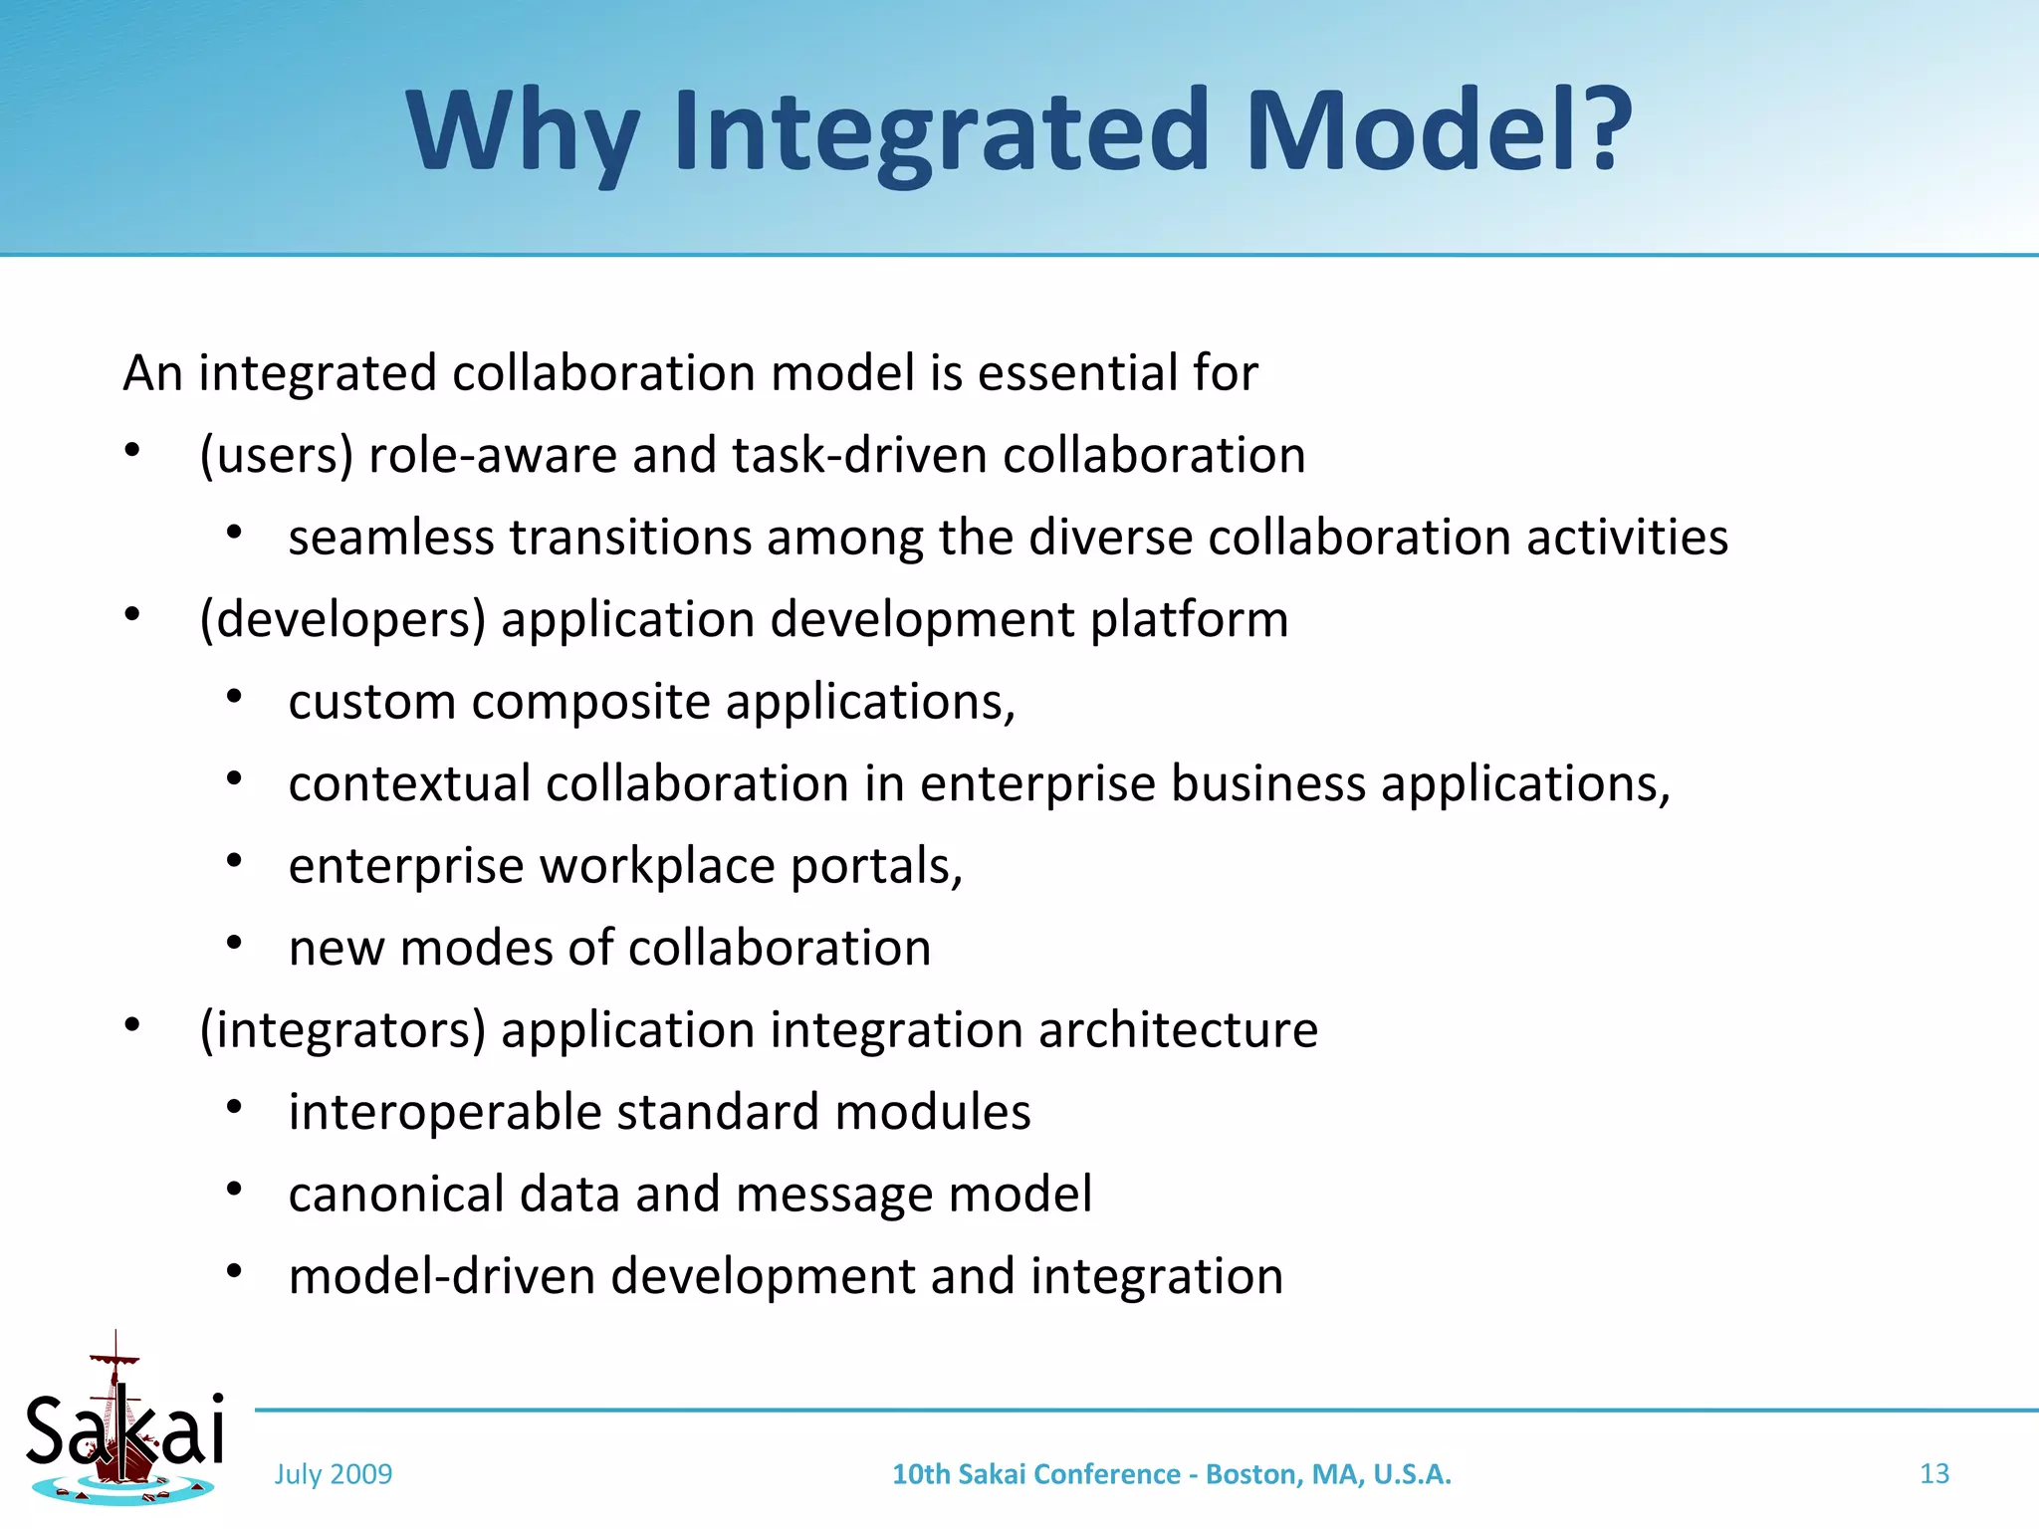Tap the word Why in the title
pos(523,134)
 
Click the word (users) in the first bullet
pos(277,456)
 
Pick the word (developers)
pos(342,620)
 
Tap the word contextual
pos(409,783)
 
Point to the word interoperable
pos(444,1112)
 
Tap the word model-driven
pos(442,1276)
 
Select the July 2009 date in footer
pos(334,1474)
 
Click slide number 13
pos(1933,1473)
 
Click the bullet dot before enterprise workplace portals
pos(234,861)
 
